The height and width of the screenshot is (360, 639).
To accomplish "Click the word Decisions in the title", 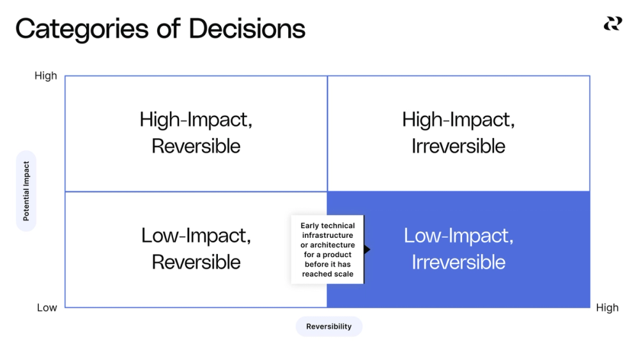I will click(x=247, y=29).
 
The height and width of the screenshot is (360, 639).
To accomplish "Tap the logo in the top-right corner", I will click(x=612, y=24).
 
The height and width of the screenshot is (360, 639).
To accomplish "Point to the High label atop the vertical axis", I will click(x=45, y=76).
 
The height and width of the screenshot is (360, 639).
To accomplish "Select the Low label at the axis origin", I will click(x=47, y=308).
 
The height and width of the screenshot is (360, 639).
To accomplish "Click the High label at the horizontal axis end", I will click(x=606, y=308).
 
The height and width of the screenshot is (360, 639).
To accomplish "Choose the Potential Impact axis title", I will click(x=26, y=191).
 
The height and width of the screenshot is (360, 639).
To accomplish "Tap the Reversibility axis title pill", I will click(x=328, y=326).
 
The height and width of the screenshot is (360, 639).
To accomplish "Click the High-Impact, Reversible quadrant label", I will click(x=196, y=132).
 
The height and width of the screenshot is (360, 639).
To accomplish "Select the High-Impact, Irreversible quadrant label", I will click(x=458, y=132).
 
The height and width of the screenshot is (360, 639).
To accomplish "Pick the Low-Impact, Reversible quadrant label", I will click(x=196, y=249).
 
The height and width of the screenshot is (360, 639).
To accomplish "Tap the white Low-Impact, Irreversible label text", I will click(x=458, y=249).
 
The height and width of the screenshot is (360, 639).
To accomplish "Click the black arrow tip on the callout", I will click(x=367, y=249).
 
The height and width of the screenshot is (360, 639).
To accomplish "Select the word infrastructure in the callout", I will click(x=328, y=235).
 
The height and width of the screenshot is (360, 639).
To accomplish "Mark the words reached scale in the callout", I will click(x=328, y=274).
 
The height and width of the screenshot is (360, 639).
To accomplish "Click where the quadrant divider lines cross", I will click(x=327, y=191).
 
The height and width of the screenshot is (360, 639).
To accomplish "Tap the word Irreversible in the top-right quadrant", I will click(x=458, y=146).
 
